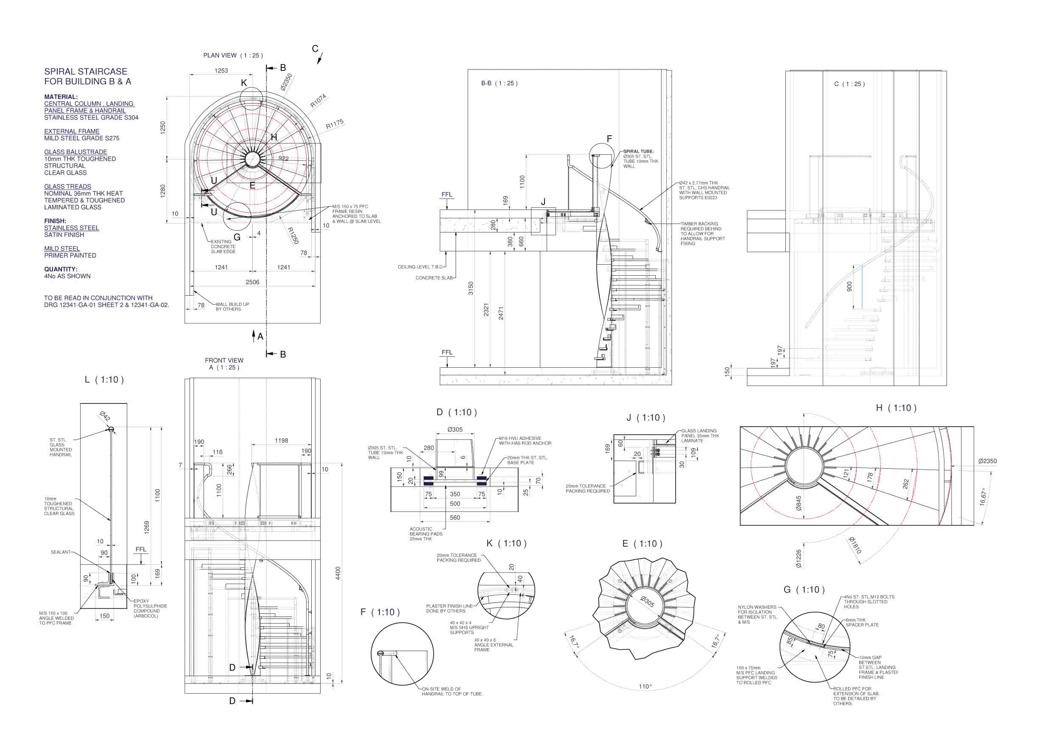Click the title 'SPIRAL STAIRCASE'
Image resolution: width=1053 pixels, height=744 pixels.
coord(86,72)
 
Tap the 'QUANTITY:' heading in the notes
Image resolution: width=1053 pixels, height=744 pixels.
coord(61,269)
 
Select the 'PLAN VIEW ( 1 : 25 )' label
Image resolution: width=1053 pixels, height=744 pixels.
coord(233,56)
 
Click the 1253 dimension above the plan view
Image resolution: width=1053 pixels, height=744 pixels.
coord(221,71)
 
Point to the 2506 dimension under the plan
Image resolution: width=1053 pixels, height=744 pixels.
coord(252,282)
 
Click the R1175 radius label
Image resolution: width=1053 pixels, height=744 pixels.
coord(334,124)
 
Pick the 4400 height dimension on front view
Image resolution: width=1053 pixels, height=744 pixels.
coord(338,573)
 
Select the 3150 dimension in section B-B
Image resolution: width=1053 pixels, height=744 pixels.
coord(471,288)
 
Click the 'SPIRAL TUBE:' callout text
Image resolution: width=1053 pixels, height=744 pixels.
coord(638,151)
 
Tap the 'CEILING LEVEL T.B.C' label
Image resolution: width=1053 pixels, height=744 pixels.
coord(420,267)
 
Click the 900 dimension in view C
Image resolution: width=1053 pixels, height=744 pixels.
coord(849,287)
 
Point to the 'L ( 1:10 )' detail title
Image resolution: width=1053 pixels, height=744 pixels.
coord(104,380)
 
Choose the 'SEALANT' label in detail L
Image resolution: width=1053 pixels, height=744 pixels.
coord(61,552)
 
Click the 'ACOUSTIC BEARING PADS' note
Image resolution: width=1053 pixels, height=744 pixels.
coord(426,534)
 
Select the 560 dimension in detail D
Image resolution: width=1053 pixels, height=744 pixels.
coord(455,517)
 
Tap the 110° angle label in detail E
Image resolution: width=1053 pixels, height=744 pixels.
coord(645,687)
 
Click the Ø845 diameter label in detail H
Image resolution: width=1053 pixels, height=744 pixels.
coord(799,503)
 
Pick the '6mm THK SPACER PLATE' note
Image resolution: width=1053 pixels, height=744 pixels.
coord(862,622)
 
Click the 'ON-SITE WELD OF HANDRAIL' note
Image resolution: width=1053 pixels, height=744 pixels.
coord(452,691)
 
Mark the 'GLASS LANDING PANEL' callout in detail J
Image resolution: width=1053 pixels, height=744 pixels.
coord(700,436)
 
